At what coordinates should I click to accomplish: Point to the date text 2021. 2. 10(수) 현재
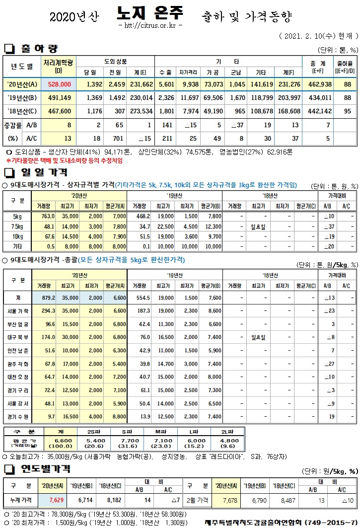318,36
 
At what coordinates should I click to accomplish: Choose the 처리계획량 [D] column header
59,66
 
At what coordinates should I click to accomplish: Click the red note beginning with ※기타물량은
65,161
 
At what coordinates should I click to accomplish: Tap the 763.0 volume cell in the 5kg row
48,216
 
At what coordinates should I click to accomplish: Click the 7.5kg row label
17,226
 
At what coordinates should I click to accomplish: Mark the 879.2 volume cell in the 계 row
48,297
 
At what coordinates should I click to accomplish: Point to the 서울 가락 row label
18,310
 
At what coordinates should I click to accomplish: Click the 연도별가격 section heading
45,468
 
